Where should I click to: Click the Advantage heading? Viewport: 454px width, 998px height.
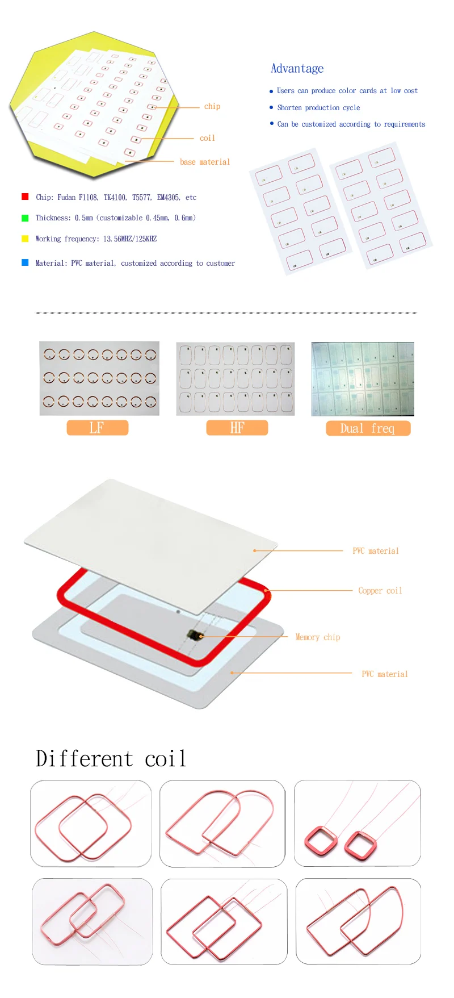pyautogui.click(x=297, y=69)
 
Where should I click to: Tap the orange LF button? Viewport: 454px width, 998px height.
pyautogui.click(x=98, y=428)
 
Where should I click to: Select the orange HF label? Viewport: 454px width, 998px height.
pyautogui.click(x=237, y=428)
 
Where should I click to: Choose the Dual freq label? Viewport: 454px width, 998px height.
pyautogui.click(x=368, y=428)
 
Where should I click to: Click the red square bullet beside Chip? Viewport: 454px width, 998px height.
pyautogui.click(x=25, y=197)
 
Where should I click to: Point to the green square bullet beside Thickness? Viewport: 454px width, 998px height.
pyautogui.click(x=25, y=218)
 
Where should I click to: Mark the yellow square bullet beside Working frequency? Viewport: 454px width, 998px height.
pyautogui.click(x=25, y=239)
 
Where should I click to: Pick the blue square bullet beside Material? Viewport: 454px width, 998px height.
pyautogui.click(x=25, y=262)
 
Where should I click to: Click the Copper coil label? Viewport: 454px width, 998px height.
pyautogui.click(x=380, y=591)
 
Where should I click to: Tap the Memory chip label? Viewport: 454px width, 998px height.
pyautogui.click(x=317, y=637)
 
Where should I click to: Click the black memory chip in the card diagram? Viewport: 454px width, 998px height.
pyautogui.click(x=194, y=634)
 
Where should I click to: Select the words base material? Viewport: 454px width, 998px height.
pyautogui.click(x=205, y=162)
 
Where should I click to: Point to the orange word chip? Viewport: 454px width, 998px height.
pyautogui.click(x=212, y=106)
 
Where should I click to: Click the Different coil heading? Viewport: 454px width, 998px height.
pyautogui.click(x=111, y=759)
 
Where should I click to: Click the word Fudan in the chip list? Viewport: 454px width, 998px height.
pyautogui.click(x=66, y=197)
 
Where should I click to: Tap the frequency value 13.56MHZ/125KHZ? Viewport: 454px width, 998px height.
pyautogui.click(x=130, y=239)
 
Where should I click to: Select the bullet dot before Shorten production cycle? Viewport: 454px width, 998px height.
pyautogui.click(x=271, y=107)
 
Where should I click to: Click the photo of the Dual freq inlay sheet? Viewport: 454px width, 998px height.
pyautogui.click(x=363, y=379)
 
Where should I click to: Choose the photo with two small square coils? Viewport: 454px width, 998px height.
pyautogui.click(x=358, y=823)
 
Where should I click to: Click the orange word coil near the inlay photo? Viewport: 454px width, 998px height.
pyautogui.click(x=207, y=138)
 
